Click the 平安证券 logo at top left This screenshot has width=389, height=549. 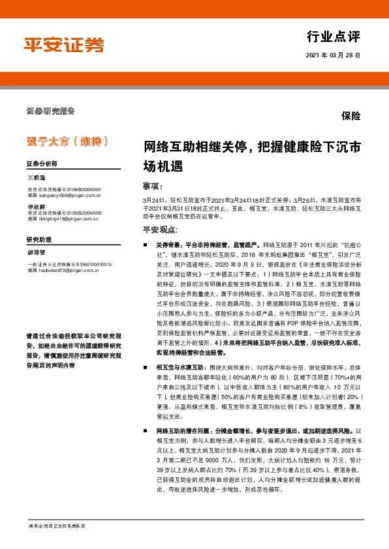(x=64, y=44)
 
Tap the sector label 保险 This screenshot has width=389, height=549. (x=350, y=116)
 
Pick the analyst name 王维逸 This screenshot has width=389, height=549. (x=37, y=177)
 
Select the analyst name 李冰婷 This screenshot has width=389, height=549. (x=37, y=205)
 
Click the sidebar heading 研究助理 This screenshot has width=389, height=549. (x=39, y=240)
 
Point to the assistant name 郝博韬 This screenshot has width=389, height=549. (x=37, y=253)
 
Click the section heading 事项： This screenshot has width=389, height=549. (x=151, y=185)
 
